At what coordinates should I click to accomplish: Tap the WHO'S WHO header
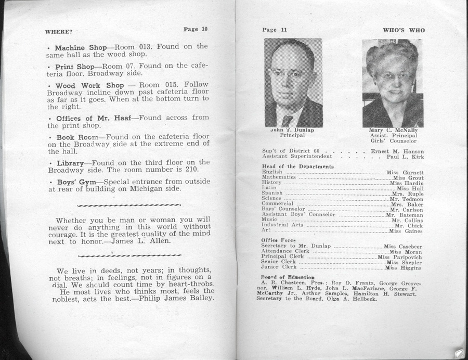(x=404, y=30)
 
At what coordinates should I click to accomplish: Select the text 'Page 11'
(x=275, y=30)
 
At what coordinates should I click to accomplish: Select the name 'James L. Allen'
(x=149, y=241)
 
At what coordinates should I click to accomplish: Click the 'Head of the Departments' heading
(x=297, y=166)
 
